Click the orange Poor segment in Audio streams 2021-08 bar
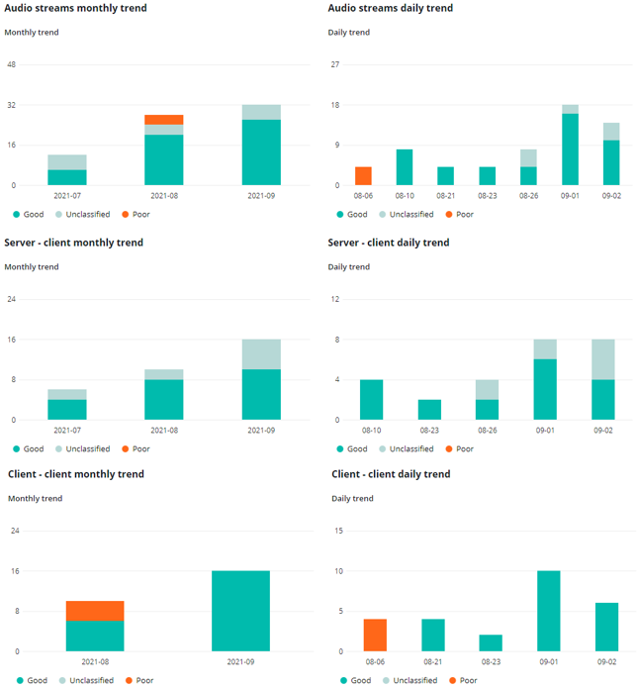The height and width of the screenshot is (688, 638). point(164,120)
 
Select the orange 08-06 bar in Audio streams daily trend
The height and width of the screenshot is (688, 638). point(363,176)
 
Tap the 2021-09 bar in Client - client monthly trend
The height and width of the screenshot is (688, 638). point(241,611)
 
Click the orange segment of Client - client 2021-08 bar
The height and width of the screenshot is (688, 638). point(95,611)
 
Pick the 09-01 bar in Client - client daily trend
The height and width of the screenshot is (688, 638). point(548,611)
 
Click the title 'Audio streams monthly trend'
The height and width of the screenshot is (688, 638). point(75,9)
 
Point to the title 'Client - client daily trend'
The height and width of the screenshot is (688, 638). point(391,474)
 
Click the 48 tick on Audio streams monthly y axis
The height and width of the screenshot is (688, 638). point(12,65)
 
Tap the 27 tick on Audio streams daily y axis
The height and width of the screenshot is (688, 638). point(335,65)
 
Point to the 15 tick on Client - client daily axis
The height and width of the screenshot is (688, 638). point(338,531)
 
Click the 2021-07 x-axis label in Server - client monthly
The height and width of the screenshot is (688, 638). point(67,432)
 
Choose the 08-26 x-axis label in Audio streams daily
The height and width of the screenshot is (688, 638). point(528,197)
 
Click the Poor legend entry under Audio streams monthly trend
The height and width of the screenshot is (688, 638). point(136,214)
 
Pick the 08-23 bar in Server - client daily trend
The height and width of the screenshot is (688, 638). point(430,410)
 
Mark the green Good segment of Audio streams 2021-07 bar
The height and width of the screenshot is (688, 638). point(67,177)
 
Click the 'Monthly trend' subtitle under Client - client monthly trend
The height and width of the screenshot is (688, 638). point(35,498)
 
